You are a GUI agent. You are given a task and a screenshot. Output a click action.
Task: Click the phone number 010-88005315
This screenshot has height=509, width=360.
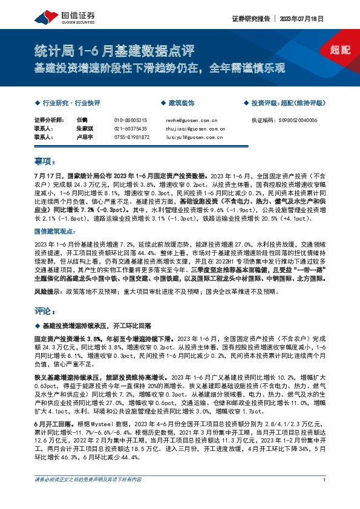point(130,120)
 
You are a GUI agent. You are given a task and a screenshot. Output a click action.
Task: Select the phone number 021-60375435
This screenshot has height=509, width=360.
point(130,129)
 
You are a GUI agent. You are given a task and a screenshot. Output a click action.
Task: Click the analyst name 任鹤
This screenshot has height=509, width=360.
point(83,120)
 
